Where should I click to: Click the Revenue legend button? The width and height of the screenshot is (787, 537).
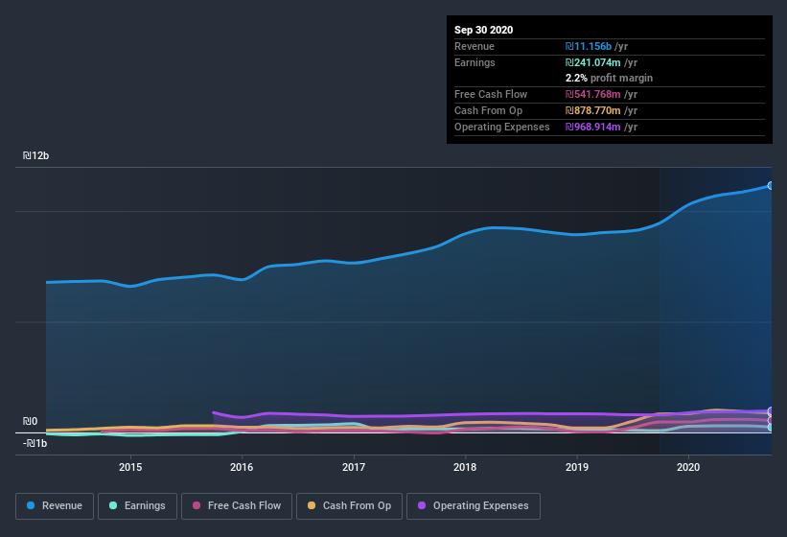pos(55,505)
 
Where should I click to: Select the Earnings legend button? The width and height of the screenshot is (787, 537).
pos(136,505)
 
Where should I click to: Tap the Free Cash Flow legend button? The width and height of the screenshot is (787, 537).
pos(230,505)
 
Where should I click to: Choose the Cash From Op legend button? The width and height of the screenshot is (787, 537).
pos(350,505)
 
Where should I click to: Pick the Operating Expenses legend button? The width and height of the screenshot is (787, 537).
pos(474,505)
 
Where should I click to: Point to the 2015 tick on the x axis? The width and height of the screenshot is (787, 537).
pos(130,467)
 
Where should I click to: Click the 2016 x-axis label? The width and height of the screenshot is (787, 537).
pos(242,467)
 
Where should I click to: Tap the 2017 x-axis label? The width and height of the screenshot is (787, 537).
pos(354,467)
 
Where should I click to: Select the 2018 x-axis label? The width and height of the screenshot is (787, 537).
pos(465,467)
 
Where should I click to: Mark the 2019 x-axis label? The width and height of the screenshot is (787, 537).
pos(577,467)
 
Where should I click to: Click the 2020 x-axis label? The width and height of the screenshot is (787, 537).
pos(688,467)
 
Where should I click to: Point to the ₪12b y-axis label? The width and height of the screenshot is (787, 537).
pos(35,155)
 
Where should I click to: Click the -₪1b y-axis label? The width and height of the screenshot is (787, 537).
pos(35,443)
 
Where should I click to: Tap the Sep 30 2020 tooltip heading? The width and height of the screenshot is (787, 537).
pos(484,30)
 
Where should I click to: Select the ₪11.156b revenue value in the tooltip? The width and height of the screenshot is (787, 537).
pos(596,46)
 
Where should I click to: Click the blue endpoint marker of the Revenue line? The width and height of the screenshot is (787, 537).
pos(771,185)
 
